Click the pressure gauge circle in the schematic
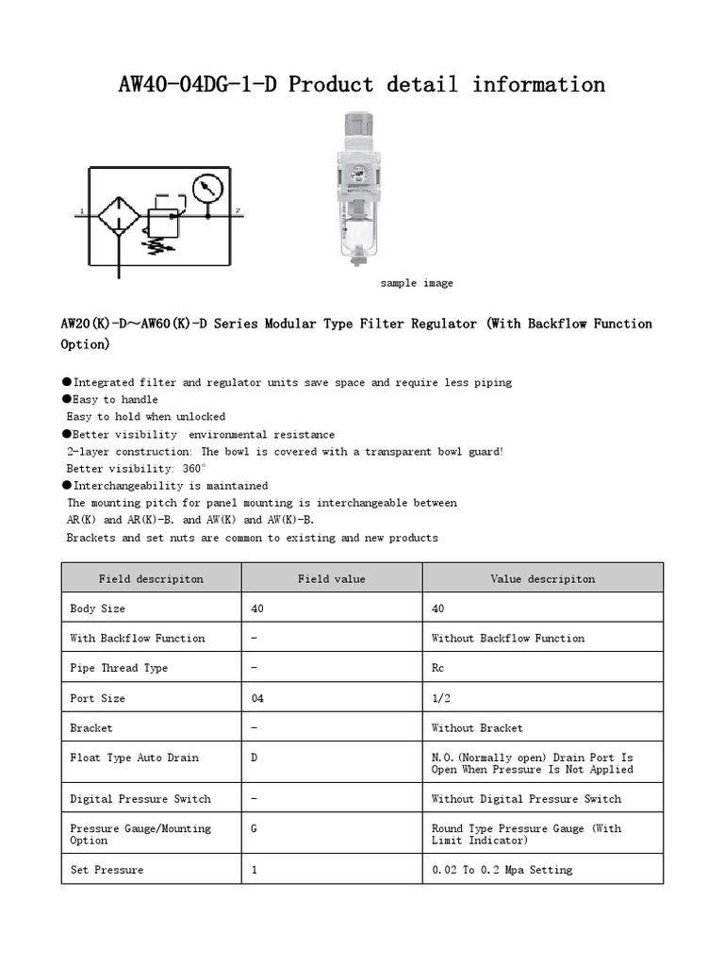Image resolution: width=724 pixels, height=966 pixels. click(204, 190)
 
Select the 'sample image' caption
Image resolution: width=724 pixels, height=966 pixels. click(417, 283)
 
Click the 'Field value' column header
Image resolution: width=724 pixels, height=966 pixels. click(332, 578)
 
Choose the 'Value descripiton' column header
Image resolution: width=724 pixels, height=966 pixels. click(542, 578)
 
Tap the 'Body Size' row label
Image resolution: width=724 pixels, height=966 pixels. click(97, 608)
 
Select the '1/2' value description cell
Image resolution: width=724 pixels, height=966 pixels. click(441, 698)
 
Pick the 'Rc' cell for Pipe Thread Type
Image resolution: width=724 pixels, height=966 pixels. click(437, 668)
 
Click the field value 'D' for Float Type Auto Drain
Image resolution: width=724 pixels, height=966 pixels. click(255, 758)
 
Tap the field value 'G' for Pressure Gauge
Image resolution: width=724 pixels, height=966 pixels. click(255, 828)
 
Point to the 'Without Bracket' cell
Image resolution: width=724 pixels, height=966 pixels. click(477, 727)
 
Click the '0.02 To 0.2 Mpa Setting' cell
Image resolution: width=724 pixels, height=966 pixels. click(502, 870)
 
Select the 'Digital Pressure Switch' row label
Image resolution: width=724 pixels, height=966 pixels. click(140, 799)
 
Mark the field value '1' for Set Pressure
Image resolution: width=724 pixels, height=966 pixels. click(255, 870)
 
